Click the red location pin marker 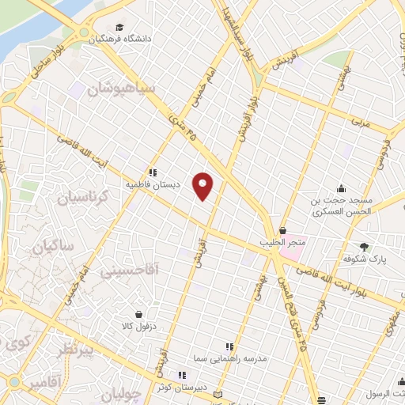point(203,186)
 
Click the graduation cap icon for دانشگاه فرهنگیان point(119,27)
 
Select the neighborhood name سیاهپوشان point(127,89)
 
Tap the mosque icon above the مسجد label point(340,188)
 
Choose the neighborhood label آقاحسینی point(131,271)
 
